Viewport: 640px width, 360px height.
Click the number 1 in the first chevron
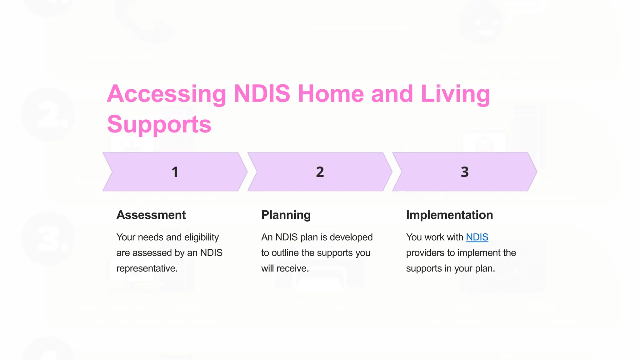[175, 172]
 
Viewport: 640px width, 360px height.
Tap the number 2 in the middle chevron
[320, 172]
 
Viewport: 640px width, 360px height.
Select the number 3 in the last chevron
[465, 172]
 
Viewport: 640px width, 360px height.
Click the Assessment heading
[151, 215]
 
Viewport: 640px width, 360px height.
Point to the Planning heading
[286, 215]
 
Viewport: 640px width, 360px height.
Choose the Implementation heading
[449, 215]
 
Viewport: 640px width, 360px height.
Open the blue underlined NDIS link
[477, 237]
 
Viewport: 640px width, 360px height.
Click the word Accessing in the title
[167, 94]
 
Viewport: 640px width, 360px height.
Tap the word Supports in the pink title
[159, 124]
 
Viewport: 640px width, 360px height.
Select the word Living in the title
[455, 94]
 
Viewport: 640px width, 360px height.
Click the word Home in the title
[331, 94]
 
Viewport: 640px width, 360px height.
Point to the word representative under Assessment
[147, 268]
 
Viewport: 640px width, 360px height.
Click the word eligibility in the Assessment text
[201, 237]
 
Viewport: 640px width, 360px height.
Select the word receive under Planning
[292, 268]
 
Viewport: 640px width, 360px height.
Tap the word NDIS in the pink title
[262, 94]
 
